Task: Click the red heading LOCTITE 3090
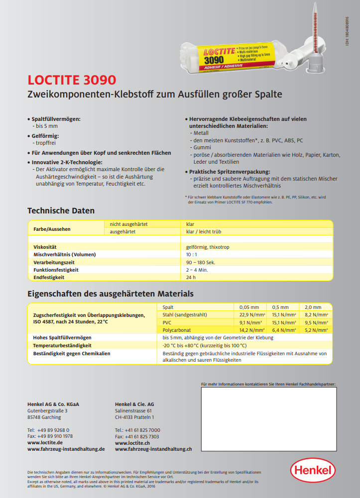point(72,80)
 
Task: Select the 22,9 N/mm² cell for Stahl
point(251,314)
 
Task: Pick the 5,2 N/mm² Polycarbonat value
point(316,330)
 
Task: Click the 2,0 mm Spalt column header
point(313,307)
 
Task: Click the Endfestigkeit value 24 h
point(191,277)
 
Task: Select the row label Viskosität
point(45,247)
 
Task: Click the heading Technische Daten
point(61,211)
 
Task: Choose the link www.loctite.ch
point(132,442)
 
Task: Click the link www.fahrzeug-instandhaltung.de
point(66,449)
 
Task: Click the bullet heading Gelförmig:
point(45,136)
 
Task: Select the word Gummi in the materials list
point(202,148)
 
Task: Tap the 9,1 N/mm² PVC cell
point(251,322)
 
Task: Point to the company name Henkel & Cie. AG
point(134,404)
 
